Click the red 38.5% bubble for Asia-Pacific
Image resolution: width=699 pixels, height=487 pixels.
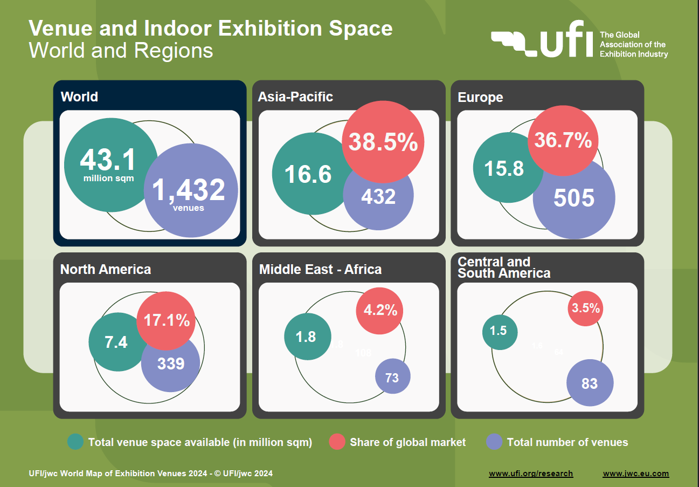383,142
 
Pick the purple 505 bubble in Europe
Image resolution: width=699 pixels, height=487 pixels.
574,198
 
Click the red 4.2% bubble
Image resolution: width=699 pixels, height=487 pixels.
380,310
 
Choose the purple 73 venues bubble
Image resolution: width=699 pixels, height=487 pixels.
392,376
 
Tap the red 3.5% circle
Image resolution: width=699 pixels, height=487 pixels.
586,308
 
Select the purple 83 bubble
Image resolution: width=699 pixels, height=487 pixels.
590,383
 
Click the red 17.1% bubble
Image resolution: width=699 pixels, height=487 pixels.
167,320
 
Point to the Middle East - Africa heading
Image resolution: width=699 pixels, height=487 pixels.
320,269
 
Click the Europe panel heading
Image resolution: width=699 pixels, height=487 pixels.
480,97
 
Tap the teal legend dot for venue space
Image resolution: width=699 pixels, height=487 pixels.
75,442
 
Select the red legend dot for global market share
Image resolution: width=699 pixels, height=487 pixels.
337,442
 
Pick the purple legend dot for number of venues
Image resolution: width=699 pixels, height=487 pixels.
494,442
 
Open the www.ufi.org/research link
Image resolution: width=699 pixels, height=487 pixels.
531,474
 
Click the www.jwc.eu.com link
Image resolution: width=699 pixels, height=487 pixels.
635,474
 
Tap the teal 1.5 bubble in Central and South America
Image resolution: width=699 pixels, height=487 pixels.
499,331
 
